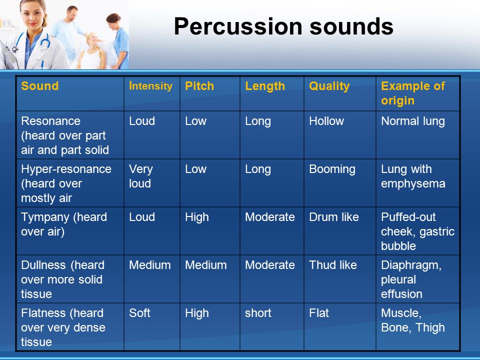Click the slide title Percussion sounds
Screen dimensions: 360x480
pos(283,26)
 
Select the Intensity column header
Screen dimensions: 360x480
pos(150,86)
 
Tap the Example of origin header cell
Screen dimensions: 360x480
pos(412,93)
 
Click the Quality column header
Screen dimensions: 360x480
pos(329,86)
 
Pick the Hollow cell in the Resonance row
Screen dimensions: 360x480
pos(326,121)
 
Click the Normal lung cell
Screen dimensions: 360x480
pos(412,121)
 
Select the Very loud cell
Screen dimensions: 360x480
pos(141,176)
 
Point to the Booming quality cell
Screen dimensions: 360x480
pos(332,169)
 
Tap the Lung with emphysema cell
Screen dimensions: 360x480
pos(412,176)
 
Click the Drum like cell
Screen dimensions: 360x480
pos(333,217)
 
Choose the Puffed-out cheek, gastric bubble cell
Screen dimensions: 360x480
pos(416,231)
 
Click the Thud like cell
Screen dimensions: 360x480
pos(332,265)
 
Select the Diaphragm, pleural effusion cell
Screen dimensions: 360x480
pos(411,279)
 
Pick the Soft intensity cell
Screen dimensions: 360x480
pos(139,313)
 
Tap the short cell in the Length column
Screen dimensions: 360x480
pos(258,313)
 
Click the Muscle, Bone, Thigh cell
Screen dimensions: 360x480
pos(412,320)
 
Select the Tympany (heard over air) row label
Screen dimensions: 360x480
pos(63,224)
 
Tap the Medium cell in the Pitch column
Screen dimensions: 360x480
pos(205,265)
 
